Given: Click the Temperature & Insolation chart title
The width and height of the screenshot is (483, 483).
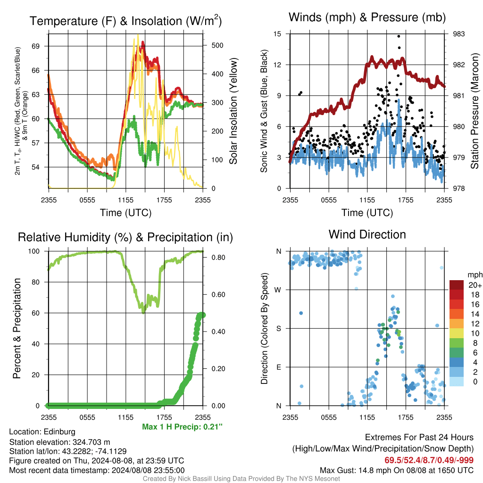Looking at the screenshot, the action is click(x=125, y=21).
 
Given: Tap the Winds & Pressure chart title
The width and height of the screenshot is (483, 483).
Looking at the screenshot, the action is click(x=367, y=17).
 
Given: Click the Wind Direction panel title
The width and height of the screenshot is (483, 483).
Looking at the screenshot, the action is click(x=367, y=234).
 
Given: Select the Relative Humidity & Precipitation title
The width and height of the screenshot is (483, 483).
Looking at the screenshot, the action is click(x=125, y=237).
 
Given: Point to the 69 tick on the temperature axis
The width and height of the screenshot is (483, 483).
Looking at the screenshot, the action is click(x=36, y=46).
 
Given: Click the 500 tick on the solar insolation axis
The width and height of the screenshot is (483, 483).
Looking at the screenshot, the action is click(x=217, y=45).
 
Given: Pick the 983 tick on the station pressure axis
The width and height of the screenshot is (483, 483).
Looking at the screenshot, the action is click(x=458, y=34).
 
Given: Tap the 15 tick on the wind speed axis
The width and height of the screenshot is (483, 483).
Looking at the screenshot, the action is click(x=277, y=34).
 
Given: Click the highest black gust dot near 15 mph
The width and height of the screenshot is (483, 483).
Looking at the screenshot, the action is click(x=399, y=36).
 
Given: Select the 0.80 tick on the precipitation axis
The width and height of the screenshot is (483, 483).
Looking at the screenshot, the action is click(x=218, y=258).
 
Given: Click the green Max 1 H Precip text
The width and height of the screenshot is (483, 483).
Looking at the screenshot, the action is click(x=182, y=426).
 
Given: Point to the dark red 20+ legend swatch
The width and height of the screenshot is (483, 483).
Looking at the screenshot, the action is click(x=456, y=285).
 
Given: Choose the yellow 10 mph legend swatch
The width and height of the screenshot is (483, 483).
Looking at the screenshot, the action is click(x=456, y=333).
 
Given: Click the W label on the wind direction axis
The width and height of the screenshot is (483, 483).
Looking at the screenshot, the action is click(x=278, y=290).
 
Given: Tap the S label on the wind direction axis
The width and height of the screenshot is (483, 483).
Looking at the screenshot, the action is click(x=278, y=328).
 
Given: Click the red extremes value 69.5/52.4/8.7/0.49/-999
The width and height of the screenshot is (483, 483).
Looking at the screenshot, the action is click(x=429, y=460).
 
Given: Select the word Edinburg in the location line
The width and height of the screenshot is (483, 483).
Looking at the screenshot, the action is click(x=59, y=432).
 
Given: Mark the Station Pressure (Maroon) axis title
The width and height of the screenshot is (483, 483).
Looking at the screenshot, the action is click(x=475, y=111).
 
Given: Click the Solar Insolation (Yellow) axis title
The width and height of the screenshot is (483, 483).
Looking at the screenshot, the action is click(x=233, y=111).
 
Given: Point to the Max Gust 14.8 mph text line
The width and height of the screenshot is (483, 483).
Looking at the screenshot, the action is click(x=396, y=470).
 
